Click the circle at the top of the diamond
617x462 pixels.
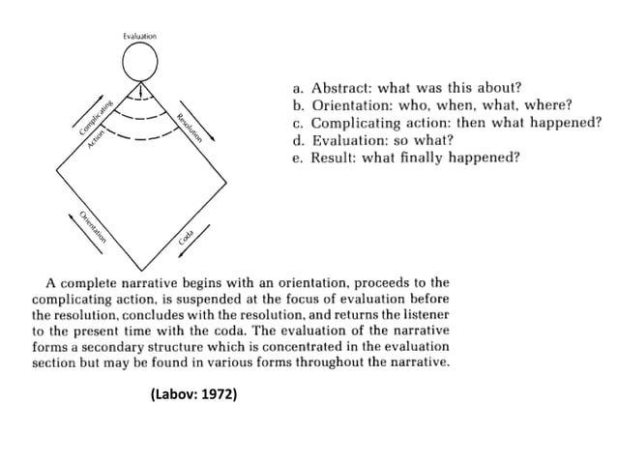(140, 63)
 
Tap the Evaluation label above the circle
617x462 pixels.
(140, 36)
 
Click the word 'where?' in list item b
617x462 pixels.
(547, 105)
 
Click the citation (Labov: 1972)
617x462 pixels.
(193, 394)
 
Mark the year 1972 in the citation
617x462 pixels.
(219, 394)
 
